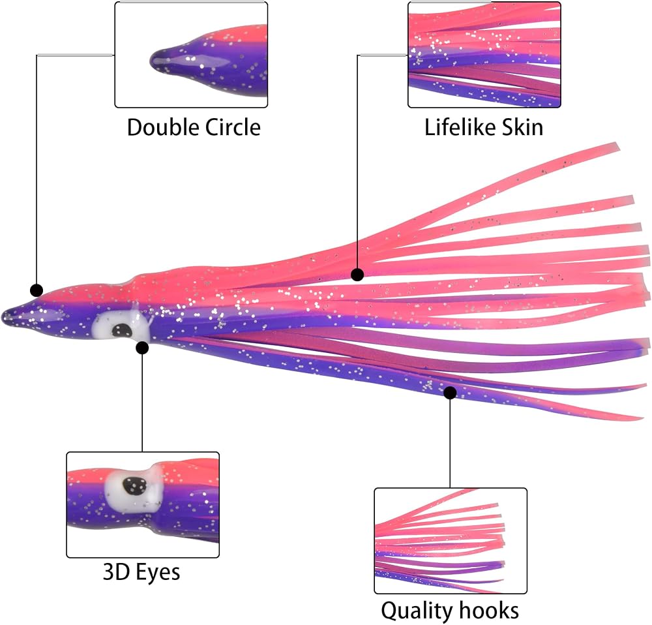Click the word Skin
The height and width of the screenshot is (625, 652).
pyautogui.click(x=522, y=127)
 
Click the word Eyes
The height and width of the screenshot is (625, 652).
pyautogui.click(x=158, y=573)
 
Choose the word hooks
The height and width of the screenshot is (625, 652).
pyautogui.click(x=489, y=610)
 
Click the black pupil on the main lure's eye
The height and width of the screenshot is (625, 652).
pyautogui.click(x=122, y=331)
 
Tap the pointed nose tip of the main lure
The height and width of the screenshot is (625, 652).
pyautogui.click(x=3, y=317)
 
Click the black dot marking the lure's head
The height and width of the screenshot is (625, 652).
pyautogui.click(x=37, y=290)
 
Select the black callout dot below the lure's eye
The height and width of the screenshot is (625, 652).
pyautogui.click(x=142, y=348)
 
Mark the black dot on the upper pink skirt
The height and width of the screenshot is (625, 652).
pyautogui.click(x=357, y=274)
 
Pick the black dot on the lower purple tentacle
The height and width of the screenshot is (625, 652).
pyautogui.click(x=450, y=392)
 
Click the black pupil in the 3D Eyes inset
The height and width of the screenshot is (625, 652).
pyautogui.click(x=134, y=485)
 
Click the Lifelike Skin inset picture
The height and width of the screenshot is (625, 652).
pyautogui.click(x=484, y=55)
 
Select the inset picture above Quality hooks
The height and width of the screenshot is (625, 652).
pyautogui.click(x=451, y=541)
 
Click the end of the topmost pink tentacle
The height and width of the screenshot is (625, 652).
pyautogui.click(x=617, y=147)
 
